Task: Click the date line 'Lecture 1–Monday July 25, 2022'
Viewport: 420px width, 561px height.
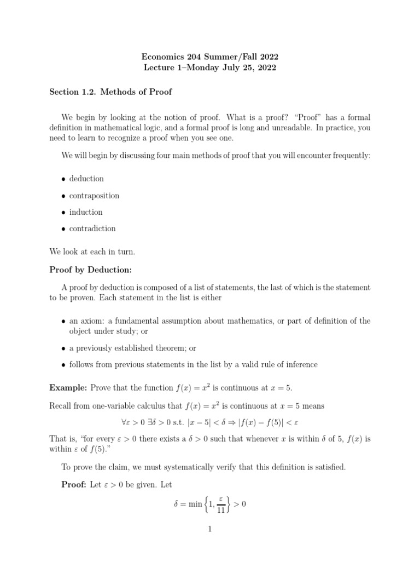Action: click(209, 68)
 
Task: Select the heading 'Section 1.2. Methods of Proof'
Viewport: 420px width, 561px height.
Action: click(110, 91)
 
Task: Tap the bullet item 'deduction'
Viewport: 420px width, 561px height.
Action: click(86, 179)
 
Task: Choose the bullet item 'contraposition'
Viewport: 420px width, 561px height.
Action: click(94, 196)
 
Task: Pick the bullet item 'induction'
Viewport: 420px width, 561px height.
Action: click(86, 212)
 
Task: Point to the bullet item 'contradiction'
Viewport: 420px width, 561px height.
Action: click(92, 228)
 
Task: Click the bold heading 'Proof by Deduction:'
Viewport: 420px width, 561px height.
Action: click(91, 270)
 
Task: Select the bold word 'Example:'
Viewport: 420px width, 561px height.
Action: click(68, 387)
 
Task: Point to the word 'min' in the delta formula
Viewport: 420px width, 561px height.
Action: click(192, 504)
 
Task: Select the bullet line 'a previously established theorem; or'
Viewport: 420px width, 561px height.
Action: click(132, 348)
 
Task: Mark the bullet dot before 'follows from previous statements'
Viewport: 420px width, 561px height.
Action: click(64, 365)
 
